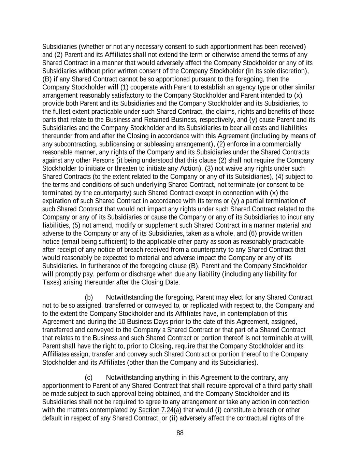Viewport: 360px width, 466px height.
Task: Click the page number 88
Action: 180,433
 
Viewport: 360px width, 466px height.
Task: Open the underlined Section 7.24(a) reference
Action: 160,410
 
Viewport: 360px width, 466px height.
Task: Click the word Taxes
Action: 51,282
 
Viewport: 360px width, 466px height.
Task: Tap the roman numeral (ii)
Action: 173,418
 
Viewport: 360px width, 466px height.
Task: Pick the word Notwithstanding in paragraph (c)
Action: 129,378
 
